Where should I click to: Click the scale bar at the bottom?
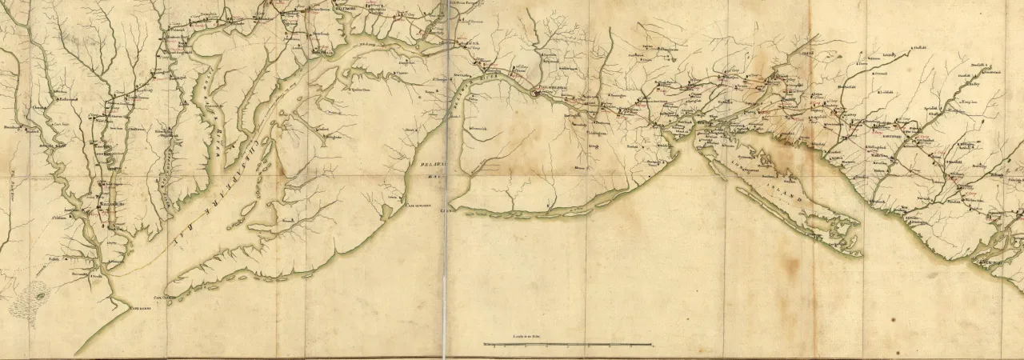tap(567, 345)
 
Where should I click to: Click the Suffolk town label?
tap(54, 258)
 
